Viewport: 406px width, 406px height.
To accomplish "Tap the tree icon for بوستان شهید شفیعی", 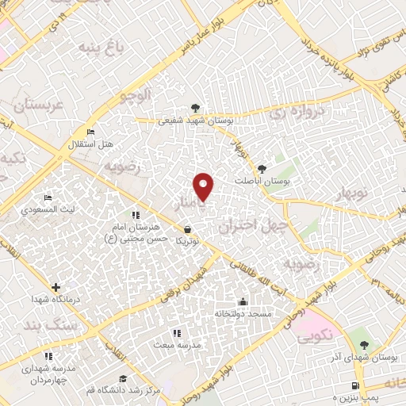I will click(x=195, y=109).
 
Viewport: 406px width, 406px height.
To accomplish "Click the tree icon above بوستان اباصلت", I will click(x=262, y=168).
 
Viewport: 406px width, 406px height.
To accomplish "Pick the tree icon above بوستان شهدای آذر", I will click(x=363, y=345).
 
